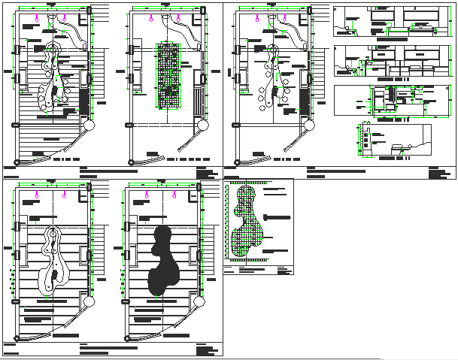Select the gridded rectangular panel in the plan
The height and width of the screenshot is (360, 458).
click(170, 75)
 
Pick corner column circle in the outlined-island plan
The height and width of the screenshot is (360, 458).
click(88, 301)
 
